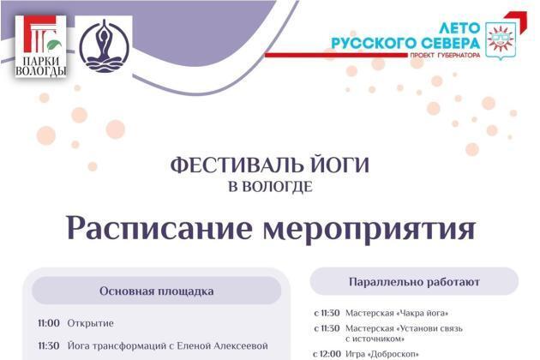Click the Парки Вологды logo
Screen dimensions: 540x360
[40, 45]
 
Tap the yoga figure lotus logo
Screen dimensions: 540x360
[104, 45]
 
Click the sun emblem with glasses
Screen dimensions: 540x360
[501, 40]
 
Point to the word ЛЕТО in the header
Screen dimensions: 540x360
[459, 28]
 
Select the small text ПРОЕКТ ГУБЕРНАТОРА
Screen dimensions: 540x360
[445, 55]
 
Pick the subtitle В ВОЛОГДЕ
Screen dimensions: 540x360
[270, 187]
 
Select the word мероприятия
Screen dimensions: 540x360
[369, 230]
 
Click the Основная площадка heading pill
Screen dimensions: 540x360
[157, 291]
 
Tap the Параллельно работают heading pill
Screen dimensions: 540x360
[414, 282]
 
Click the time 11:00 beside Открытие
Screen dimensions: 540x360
[49, 323]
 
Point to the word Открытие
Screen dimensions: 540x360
[91, 323]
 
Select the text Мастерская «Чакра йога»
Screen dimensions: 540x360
[397, 313]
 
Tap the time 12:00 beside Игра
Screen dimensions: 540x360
[330, 354]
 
